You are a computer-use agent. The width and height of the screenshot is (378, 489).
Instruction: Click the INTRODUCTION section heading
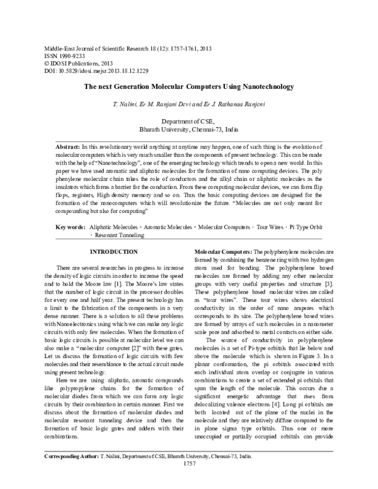point(114,252)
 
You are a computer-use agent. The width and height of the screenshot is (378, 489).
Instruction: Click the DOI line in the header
point(95,72)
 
